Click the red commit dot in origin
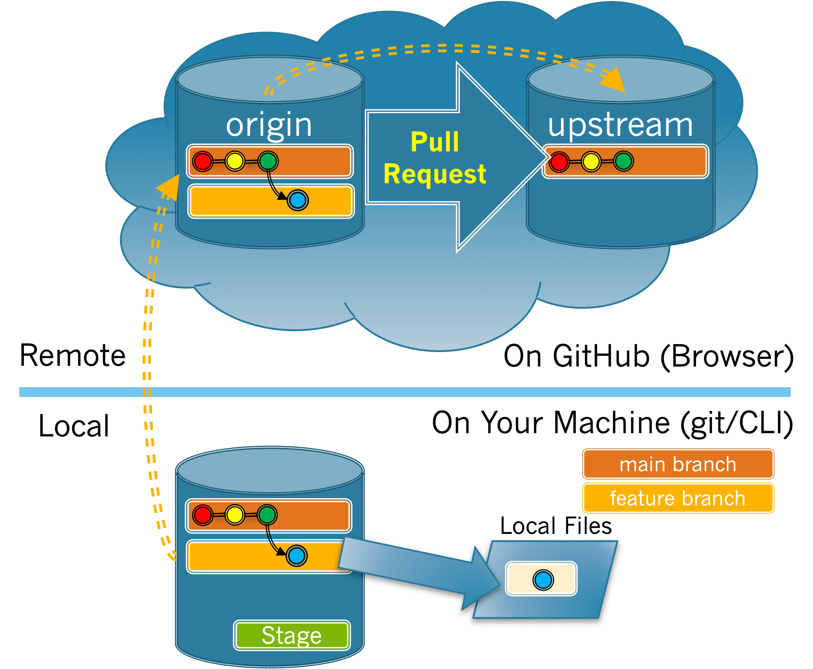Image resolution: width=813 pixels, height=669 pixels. (203, 161)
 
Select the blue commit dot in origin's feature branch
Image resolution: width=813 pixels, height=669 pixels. (297, 200)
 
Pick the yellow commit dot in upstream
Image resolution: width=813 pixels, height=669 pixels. (591, 161)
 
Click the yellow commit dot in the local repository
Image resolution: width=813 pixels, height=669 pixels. (235, 514)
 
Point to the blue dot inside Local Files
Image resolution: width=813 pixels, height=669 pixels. (543, 580)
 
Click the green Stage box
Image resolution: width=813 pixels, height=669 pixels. (292, 635)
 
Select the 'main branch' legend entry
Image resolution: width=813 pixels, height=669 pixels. (678, 464)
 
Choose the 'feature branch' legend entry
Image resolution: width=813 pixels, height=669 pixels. (678, 498)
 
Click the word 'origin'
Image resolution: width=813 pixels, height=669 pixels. (269, 125)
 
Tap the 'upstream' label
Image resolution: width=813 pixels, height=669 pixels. (620, 125)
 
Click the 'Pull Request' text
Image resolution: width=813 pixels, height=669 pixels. (435, 158)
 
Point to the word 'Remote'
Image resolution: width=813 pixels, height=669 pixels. (73, 355)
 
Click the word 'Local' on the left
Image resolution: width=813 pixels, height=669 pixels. (74, 426)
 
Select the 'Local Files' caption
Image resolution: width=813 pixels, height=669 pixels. (556, 526)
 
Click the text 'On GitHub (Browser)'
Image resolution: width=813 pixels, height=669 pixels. (649, 356)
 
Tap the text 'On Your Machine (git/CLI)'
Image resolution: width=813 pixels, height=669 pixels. (612, 423)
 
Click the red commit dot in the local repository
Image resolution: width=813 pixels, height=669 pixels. (203, 514)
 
